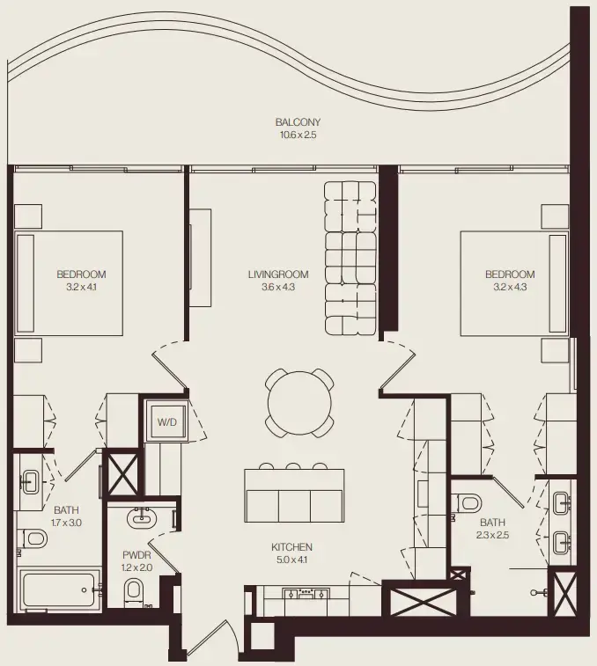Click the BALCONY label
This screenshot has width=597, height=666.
point(297,122)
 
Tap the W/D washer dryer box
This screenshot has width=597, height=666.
point(167,422)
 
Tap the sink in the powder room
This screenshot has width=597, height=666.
point(141,518)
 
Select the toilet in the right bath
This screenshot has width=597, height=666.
point(468,503)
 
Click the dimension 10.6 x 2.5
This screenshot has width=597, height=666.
point(297,135)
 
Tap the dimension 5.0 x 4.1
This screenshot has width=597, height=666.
point(291,560)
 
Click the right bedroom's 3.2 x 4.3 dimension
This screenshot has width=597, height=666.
point(510,287)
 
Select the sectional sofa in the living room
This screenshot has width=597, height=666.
point(350,258)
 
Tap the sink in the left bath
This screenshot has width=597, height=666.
point(30,480)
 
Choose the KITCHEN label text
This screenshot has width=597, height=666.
point(291,547)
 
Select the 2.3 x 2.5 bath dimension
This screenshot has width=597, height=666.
point(493,534)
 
